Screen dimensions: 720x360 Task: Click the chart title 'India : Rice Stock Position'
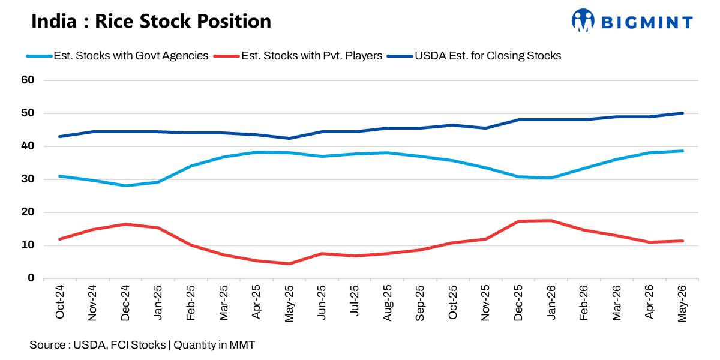point(151,21)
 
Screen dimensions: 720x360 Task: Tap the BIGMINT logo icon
point(583,20)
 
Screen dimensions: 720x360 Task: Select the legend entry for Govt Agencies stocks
point(118,56)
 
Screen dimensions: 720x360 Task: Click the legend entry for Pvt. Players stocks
point(298,56)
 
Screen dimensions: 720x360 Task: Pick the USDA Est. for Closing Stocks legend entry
point(474,56)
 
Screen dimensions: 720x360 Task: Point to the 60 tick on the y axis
point(28,80)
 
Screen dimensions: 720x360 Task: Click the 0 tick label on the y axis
point(31,278)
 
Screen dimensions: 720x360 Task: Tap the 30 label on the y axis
point(28,179)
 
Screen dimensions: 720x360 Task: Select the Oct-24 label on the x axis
point(60,302)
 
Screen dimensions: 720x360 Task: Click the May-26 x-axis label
point(682,304)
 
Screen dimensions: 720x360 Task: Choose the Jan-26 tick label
point(551,302)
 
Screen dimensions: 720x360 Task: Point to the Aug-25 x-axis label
point(388,303)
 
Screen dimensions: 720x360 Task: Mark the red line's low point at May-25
point(289,264)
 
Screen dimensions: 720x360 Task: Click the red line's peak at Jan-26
point(551,221)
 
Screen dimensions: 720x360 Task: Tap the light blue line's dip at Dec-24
point(125,186)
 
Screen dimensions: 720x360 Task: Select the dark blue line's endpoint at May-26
point(682,113)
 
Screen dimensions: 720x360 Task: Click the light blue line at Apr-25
point(256,152)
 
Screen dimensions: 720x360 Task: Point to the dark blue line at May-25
point(289,139)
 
